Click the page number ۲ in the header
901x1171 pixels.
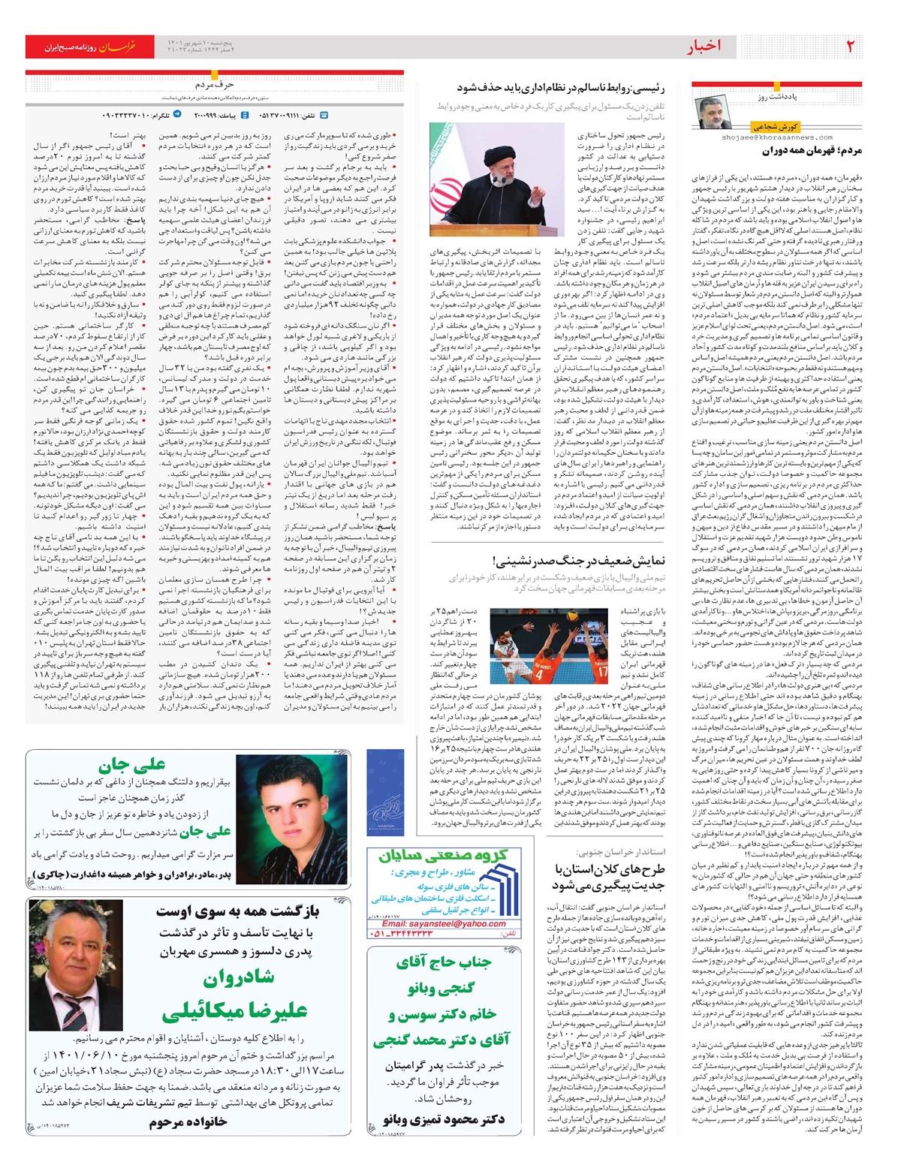pyautogui.click(x=851, y=47)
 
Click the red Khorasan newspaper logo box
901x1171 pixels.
pyautogui.click(x=90, y=47)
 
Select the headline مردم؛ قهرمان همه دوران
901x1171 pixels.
pyautogui.click(x=812, y=150)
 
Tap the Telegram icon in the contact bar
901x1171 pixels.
pyautogui.click(x=177, y=115)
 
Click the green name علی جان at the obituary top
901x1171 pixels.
pyautogui.click(x=132, y=766)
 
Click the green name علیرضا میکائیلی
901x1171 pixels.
pyautogui.click(x=234, y=1011)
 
